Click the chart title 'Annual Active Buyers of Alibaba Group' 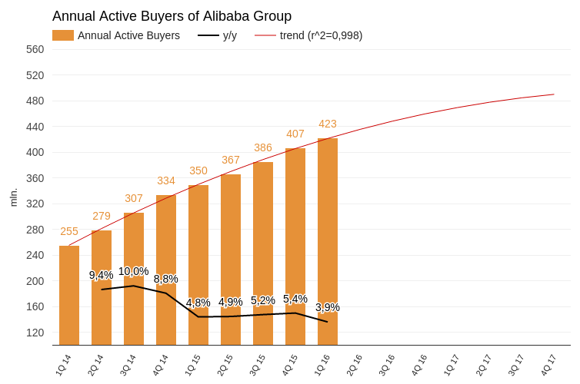pyautogui.click(x=172, y=16)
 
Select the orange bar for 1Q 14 pyautogui.click(x=69, y=296)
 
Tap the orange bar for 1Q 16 pyautogui.click(x=328, y=241)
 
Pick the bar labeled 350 pyautogui.click(x=198, y=265)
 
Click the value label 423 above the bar pyautogui.click(x=328, y=124)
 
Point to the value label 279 pyautogui.click(x=102, y=216)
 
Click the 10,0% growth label pyautogui.click(x=134, y=271)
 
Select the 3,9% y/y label pyautogui.click(x=328, y=307)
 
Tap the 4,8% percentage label pyautogui.click(x=198, y=303)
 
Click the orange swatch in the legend pyautogui.click(x=63, y=35)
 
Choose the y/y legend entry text pyautogui.click(x=230, y=35)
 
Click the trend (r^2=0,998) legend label pyautogui.click(x=321, y=35)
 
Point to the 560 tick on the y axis pyautogui.click(x=35, y=49)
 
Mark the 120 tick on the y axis pyautogui.click(x=35, y=333)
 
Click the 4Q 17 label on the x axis pyautogui.click(x=548, y=365)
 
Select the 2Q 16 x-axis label pyautogui.click(x=354, y=365)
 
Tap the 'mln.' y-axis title pyautogui.click(x=14, y=197)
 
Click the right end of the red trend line pyautogui.click(x=554, y=94)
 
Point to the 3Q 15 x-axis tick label pyautogui.click(x=257, y=365)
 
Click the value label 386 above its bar pyautogui.click(x=263, y=147)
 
